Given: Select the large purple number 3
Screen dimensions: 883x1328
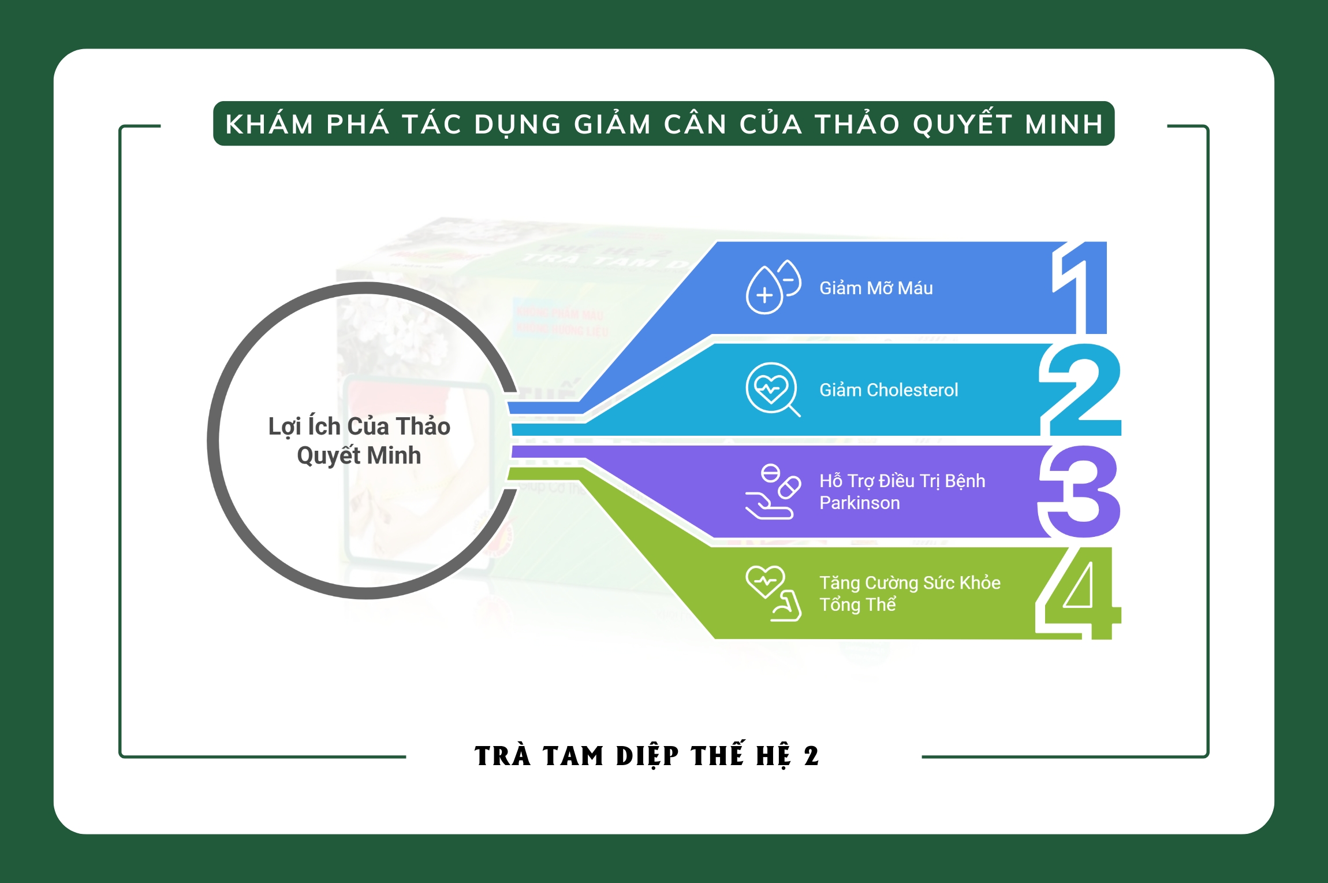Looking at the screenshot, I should click(1080, 491).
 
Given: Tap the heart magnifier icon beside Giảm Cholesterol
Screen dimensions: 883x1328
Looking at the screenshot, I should click(772, 389).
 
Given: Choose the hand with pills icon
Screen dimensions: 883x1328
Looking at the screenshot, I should click(772, 492).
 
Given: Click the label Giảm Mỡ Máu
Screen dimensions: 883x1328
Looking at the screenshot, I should click(875, 288).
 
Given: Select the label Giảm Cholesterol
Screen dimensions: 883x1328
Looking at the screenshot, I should click(888, 390).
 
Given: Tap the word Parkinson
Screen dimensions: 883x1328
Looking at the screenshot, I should click(859, 503).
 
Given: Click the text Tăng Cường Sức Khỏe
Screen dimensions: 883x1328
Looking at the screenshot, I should click(909, 583).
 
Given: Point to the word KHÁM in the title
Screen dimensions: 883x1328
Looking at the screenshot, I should click(269, 124).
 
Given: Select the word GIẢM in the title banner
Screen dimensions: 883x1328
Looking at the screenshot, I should click(613, 124).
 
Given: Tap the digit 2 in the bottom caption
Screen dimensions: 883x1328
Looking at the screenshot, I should click(811, 756).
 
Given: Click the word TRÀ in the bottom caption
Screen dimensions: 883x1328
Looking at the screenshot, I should click(502, 756).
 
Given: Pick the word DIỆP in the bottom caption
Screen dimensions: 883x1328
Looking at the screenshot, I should click(647, 756).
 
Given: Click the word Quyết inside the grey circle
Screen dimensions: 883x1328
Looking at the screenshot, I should click(328, 456).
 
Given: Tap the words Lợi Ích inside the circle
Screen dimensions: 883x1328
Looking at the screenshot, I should click(304, 426).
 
